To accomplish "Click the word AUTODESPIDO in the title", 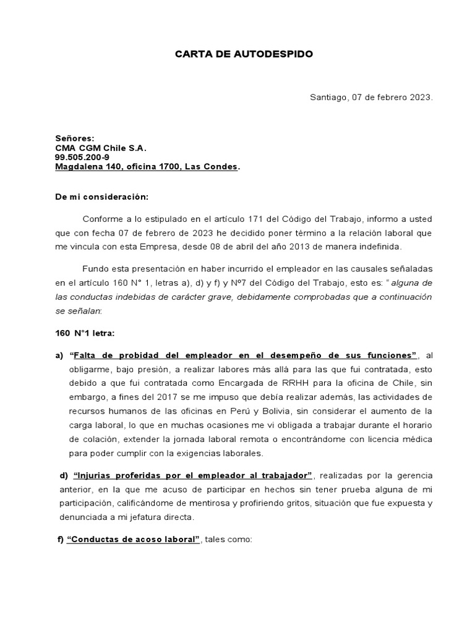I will click(x=276, y=54).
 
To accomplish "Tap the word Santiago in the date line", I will click(x=328, y=98).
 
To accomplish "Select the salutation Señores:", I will click(x=75, y=139).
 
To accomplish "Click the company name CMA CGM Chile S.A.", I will click(x=101, y=148).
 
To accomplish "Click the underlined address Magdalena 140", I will click(x=85, y=167).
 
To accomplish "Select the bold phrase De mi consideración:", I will click(x=102, y=197).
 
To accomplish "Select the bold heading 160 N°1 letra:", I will click(x=85, y=333).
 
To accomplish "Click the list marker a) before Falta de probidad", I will click(x=60, y=355).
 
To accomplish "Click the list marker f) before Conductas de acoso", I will click(x=61, y=539).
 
